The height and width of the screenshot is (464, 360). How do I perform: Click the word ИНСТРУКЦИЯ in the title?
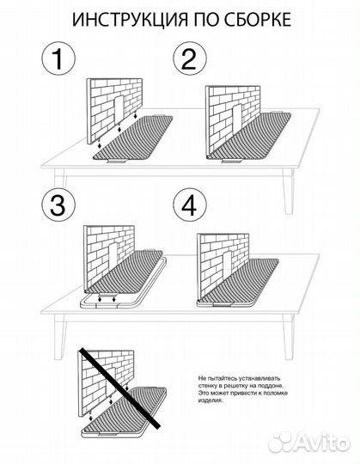pyautogui.click(x=130, y=20)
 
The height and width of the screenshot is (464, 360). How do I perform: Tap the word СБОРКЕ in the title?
pyautogui.click(x=257, y=20)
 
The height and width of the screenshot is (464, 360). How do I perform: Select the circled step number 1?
pyautogui.click(x=58, y=58)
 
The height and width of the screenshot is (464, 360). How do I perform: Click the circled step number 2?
pyautogui.click(x=190, y=58)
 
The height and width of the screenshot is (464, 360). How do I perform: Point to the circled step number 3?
pyautogui.click(x=58, y=205)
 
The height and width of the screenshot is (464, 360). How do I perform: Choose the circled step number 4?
pyautogui.click(x=190, y=205)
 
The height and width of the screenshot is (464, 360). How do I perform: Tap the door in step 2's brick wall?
pyautogui.click(x=237, y=117)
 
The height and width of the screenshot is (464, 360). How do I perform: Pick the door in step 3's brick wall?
pyautogui.click(x=113, y=254)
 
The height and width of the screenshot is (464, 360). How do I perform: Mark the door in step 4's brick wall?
pyautogui.click(x=227, y=262)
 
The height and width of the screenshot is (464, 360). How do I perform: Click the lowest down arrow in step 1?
pyautogui.click(x=100, y=144)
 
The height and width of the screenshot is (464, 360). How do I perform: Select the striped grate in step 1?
pyautogui.click(x=133, y=137)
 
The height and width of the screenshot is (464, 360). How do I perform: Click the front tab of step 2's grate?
pyautogui.click(x=231, y=161)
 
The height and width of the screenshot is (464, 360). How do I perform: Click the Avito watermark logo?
pyautogui.click(x=308, y=443)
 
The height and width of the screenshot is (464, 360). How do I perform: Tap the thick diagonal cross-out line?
pyautogui.click(x=119, y=388)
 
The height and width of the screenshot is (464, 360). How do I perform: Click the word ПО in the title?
pyautogui.click(x=205, y=20)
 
